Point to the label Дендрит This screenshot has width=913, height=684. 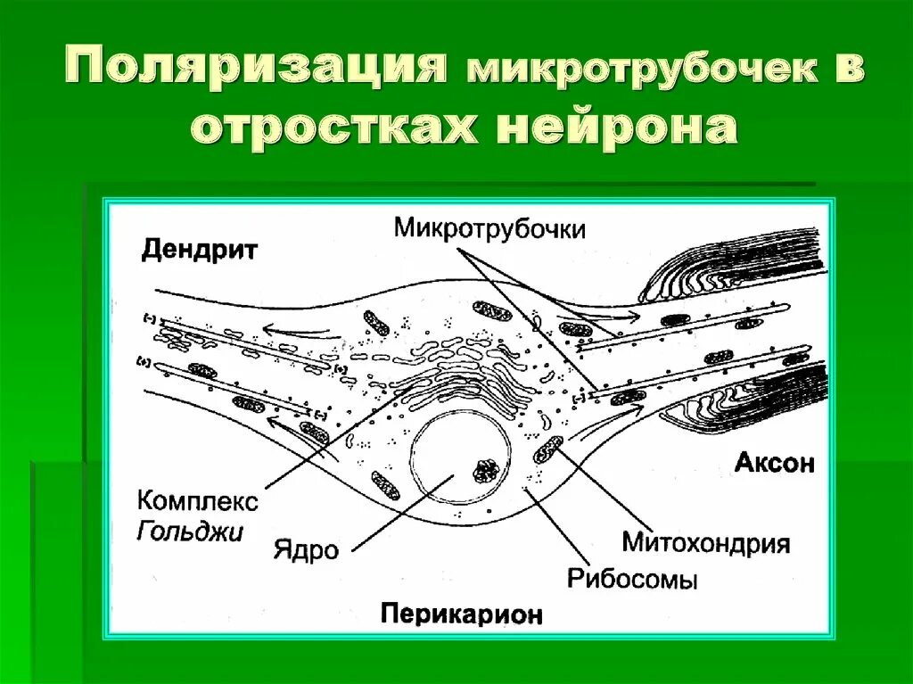[199, 251]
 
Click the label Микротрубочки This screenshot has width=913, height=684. [489, 228]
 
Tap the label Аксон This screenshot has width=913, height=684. [774, 463]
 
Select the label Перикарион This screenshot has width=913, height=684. [462, 614]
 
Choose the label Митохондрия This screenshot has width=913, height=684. [705, 542]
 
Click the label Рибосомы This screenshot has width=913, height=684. [632, 578]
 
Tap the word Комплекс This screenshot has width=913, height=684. [197, 501]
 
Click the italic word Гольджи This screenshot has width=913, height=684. [190, 532]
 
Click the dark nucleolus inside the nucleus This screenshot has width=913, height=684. [488, 470]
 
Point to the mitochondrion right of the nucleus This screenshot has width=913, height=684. [548, 449]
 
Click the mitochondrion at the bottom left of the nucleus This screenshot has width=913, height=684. [386, 484]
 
